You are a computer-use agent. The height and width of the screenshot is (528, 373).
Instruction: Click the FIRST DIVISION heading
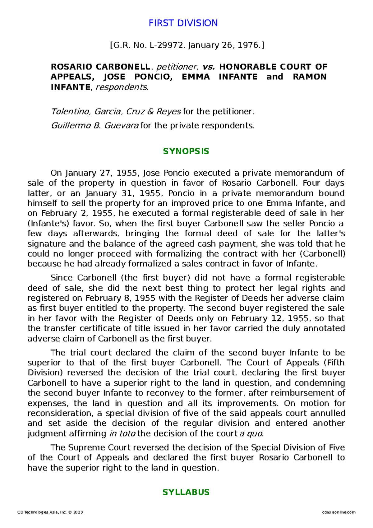183,23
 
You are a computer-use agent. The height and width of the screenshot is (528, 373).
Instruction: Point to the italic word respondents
122,87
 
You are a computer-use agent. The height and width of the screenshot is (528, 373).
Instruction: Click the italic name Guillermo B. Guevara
95,126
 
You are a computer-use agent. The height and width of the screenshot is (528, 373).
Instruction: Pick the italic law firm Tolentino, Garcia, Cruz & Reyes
116,111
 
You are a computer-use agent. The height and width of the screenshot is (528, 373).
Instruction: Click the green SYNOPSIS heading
186,151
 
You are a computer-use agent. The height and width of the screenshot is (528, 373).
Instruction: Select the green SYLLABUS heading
186,492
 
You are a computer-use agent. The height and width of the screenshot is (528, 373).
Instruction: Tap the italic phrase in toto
122,433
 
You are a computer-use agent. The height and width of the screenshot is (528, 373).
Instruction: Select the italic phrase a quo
251,433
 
